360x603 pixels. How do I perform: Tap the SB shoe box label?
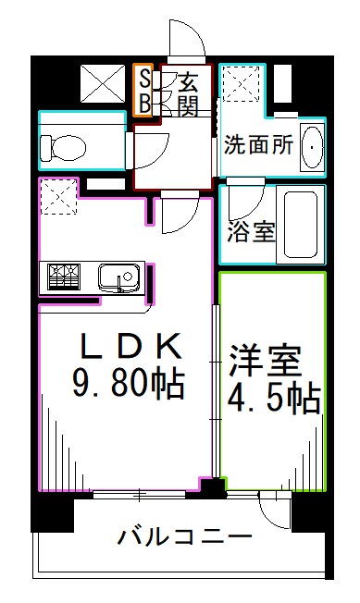144,90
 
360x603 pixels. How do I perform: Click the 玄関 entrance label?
188,92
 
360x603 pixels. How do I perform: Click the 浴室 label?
251,230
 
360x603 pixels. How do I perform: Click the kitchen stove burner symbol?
66,277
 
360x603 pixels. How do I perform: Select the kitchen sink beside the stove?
118,277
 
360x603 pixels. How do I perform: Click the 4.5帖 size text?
273,399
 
